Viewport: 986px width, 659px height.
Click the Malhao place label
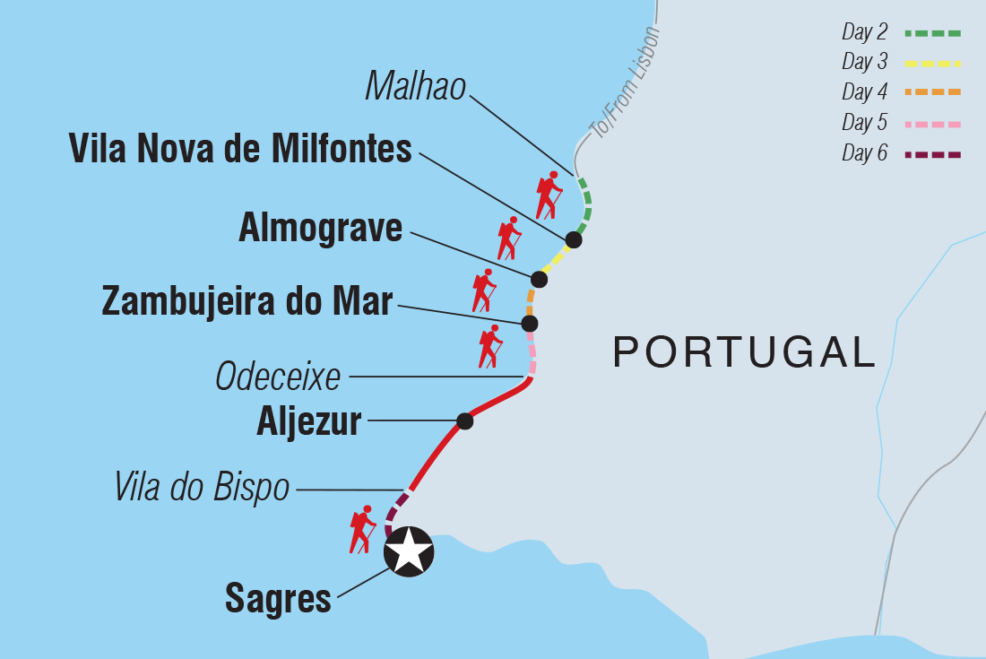416,87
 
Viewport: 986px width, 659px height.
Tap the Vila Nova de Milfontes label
240,150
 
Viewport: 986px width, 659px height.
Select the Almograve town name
320,229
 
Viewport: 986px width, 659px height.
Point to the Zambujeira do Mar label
247,301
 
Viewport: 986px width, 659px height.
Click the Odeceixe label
278,377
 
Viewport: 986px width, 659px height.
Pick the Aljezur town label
308,421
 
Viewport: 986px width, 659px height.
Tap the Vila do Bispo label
202,488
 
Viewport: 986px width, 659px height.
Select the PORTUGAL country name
744,352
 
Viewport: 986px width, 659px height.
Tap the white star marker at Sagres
409,551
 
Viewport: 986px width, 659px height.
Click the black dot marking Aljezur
464,421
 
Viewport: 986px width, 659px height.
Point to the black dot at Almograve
539,278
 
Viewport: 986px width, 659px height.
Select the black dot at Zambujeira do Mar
530,323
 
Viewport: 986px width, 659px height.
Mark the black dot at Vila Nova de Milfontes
574,239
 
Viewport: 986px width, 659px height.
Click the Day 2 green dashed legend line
932,33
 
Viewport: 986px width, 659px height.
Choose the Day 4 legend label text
864,92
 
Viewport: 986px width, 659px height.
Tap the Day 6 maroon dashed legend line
932,154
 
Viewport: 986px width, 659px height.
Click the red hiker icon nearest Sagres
362,529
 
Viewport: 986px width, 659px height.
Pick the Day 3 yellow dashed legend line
932,64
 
